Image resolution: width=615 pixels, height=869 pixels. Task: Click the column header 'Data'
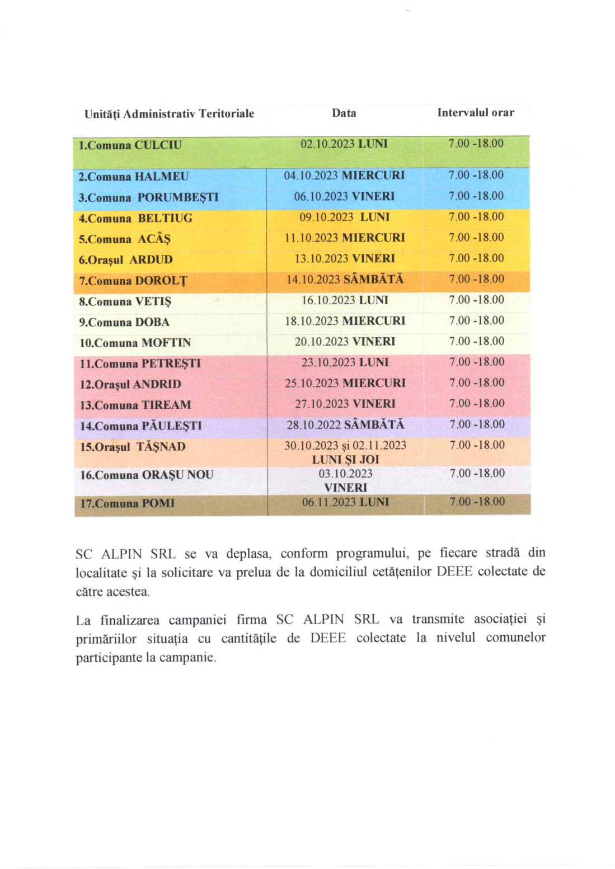click(344, 113)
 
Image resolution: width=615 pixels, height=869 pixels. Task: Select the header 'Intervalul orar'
click(475, 112)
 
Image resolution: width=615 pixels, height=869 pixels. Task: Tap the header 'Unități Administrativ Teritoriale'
click(169, 114)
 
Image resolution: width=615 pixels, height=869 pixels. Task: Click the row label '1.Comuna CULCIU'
click(130, 145)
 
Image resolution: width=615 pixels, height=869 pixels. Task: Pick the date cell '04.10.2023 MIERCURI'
click(344, 176)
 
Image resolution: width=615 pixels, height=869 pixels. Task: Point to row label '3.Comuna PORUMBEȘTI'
click(148, 197)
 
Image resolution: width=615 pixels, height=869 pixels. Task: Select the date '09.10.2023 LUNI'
click(344, 217)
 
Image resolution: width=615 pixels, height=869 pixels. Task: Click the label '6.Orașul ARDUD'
click(125, 260)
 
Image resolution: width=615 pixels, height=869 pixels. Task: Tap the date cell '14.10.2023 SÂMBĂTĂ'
click(344, 280)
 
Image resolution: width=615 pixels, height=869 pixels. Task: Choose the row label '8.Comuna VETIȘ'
click(125, 302)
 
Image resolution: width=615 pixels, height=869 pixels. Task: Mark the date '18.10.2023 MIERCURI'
click(344, 321)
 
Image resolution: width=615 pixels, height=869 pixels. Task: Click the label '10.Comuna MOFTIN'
click(135, 343)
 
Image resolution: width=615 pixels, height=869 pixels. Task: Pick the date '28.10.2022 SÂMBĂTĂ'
click(345, 425)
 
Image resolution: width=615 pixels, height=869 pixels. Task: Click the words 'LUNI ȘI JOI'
click(345, 460)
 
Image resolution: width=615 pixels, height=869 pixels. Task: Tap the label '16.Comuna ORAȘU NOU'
click(147, 475)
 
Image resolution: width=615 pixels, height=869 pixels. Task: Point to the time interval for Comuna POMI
click(476, 502)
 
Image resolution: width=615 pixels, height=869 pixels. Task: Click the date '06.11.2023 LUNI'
click(345, 502)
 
